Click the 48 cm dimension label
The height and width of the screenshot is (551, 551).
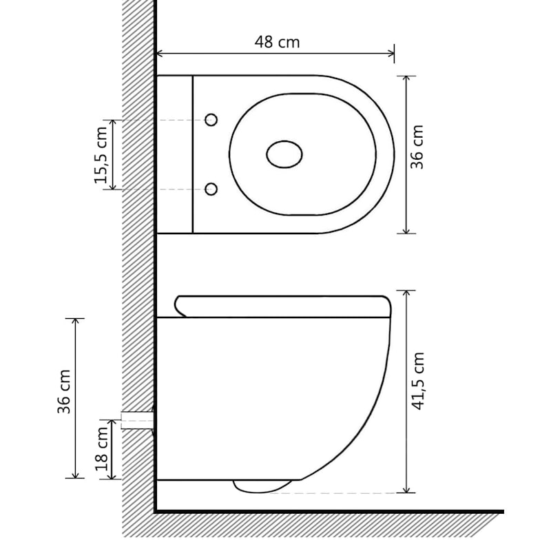[278, 42]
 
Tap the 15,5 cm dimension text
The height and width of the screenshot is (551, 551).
[101, 155]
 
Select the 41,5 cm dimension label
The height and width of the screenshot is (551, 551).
[418, 381]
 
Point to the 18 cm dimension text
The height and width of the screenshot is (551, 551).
[101, 449]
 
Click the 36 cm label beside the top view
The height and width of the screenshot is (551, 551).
[417, 147]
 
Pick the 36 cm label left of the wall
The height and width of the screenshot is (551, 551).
[64, 391]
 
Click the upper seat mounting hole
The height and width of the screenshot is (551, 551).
[211, 120]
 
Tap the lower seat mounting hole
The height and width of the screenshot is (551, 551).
[211, 189]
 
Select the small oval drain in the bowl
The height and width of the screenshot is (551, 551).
[284, 154]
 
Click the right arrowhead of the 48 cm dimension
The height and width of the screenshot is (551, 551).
[391, 54]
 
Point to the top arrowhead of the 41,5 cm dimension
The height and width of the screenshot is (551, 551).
[406, 294]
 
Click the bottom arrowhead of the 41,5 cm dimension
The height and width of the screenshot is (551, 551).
[406, 489]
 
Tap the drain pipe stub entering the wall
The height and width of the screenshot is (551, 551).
[137, 420]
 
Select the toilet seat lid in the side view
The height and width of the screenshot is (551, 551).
[283, 306]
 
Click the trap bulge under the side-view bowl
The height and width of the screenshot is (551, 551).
[262, 486]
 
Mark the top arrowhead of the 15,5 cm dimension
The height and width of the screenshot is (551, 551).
[113, 124]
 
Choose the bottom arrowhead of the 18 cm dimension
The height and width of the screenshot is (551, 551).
[112, 475]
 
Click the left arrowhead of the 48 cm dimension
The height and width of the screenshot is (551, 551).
[160, 54]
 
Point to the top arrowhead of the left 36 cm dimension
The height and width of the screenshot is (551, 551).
[75, 322]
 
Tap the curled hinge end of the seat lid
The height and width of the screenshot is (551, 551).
[180, 306]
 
